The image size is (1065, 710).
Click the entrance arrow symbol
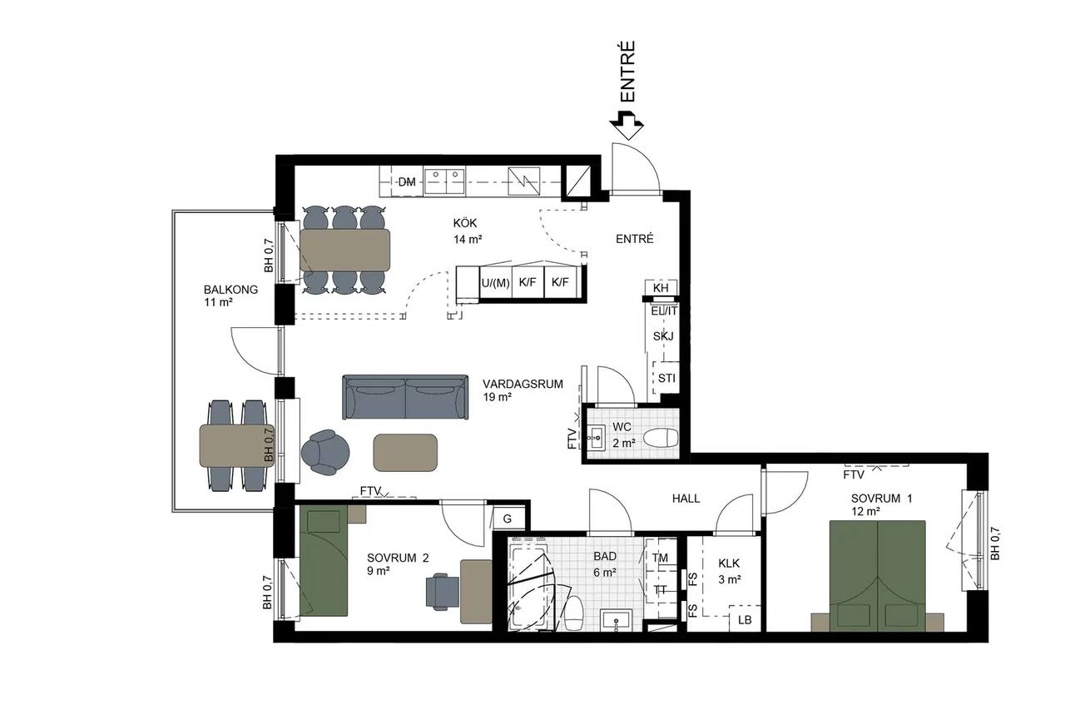[627, 125]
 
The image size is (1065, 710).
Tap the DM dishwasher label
[407, 182]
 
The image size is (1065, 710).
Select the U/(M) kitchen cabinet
[495, 283]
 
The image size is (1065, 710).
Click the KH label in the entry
[661, 288]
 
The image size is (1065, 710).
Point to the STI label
[666, 379]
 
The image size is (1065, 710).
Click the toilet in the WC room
[661, 438]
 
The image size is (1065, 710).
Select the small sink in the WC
[597, 438]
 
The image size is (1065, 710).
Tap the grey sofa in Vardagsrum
[405, 396]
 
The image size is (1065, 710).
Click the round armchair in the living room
[325, 452]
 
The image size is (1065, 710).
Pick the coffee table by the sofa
[405, 453]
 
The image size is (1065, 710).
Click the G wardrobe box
[508, 519]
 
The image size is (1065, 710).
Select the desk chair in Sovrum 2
[443, 591]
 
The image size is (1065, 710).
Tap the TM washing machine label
[660, 558]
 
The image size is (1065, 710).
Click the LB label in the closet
[745, 620]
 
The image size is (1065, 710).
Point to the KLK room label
[729, 564]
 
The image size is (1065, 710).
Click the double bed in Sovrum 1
[877, 576]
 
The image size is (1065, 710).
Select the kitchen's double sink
[444, 181]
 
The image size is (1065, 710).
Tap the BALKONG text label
[230, 290]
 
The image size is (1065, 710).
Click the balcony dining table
[237, 445]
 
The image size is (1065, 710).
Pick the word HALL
[686, 499]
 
